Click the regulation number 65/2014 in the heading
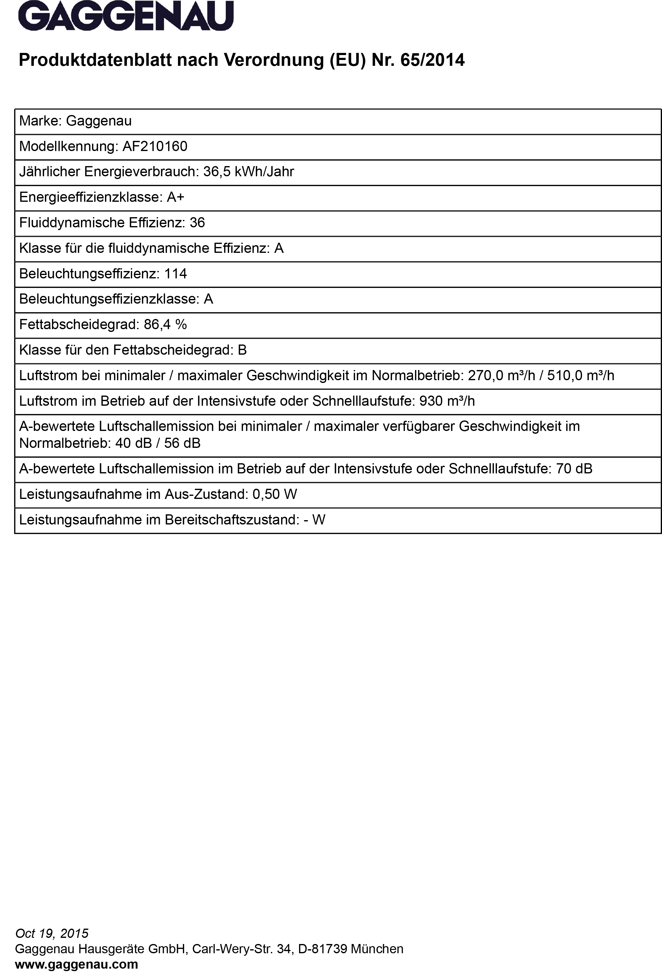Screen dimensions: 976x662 click(x=433, y=60)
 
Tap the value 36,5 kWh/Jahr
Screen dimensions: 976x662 click(x=248, y=172)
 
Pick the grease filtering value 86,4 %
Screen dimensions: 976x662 click(x=165, y=325)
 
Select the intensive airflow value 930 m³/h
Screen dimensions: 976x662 click(x=447, y=401)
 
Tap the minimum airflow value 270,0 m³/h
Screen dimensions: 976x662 click(x=502, y=376)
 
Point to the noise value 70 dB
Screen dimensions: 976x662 click(x=574, y=469)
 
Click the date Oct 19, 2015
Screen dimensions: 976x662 click(x=52, y=933)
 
